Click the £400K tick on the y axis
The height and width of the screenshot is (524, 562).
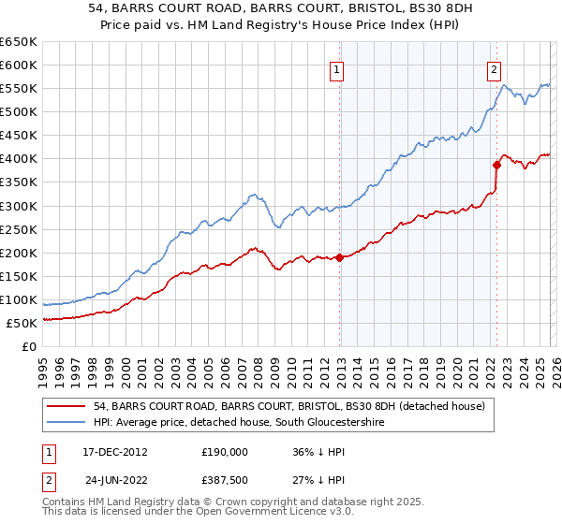coord(18,159)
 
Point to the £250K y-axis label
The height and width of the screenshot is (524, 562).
coord(18,229)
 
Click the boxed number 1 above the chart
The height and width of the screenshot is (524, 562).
coord(336,67)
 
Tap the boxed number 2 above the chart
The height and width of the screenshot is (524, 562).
coord(494,67)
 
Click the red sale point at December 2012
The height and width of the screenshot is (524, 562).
coord(339,257)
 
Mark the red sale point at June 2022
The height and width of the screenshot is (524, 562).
coord(497,165)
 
